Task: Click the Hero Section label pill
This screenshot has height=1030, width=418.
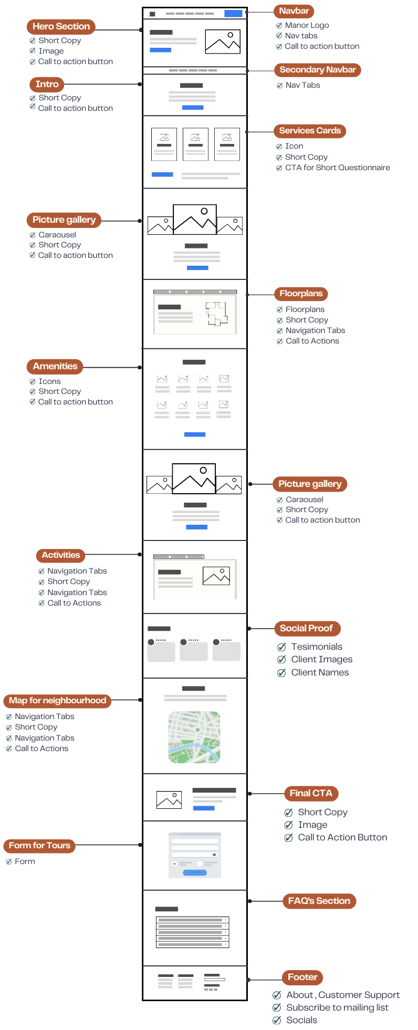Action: click(61, 26)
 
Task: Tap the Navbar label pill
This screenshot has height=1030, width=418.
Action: click(294, 11)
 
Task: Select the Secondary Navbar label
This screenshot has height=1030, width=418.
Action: click(318, 70)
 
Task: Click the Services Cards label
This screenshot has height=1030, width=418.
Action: click(310, 131)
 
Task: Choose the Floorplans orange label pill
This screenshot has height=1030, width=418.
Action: click(301, 294)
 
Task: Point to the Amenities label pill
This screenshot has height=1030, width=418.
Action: click(55, 366)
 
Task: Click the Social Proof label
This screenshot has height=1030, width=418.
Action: click(307, 628)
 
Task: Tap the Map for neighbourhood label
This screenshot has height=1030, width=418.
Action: click(57, 701)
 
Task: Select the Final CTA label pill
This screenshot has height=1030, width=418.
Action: click(311, 793)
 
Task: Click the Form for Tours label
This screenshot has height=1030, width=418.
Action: click(39, 846)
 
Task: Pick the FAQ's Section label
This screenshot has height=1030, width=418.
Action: click(319, 901)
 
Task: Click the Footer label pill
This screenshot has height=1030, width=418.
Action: click(302, 977)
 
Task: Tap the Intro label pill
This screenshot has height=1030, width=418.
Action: click(47, 84)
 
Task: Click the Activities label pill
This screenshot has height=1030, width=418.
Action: click(61, 555)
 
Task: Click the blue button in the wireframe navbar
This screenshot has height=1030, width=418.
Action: click(233, 14)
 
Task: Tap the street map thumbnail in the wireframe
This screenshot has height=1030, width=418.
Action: click(194, 737)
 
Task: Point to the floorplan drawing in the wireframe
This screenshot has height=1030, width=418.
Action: click(217, 314)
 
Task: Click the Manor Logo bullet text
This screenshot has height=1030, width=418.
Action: click(307, 25)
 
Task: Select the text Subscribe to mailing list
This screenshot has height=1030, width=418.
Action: click(337, 1007)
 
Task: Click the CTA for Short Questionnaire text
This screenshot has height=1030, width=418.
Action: click(338, 168)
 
